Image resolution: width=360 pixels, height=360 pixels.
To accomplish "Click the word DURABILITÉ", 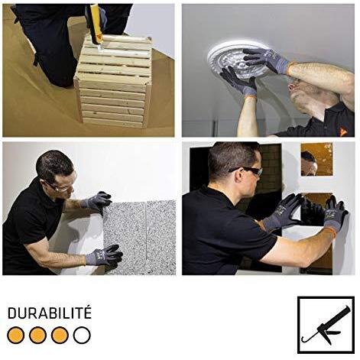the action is pos(50,313).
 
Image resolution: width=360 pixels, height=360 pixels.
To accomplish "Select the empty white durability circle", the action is pos(82,335).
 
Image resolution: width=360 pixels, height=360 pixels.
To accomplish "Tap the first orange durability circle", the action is pos(16,335).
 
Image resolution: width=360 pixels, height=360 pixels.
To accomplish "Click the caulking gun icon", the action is pos(326,326).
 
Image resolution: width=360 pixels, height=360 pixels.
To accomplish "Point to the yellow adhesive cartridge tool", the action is pos(96,23).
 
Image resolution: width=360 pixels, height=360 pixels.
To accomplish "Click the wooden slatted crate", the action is pos(113,82).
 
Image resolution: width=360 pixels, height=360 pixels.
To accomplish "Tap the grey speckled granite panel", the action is pos(140,238).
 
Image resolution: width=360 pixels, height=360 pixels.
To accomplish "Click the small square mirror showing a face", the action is pos(316,159).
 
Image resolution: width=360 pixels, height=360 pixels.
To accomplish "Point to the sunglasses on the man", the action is pos(248,170).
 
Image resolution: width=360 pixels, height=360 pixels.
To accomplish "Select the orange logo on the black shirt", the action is pos(343,131).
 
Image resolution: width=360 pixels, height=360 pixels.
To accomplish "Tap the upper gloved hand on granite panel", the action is pos(97,201).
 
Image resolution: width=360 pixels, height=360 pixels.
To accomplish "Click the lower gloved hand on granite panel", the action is pos(105,255).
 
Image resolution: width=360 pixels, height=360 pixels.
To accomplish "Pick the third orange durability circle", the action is pos(60,335).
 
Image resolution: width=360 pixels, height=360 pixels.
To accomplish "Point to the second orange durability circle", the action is pos(37,335).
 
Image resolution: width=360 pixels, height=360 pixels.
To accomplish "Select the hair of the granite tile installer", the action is pos(54,163).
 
